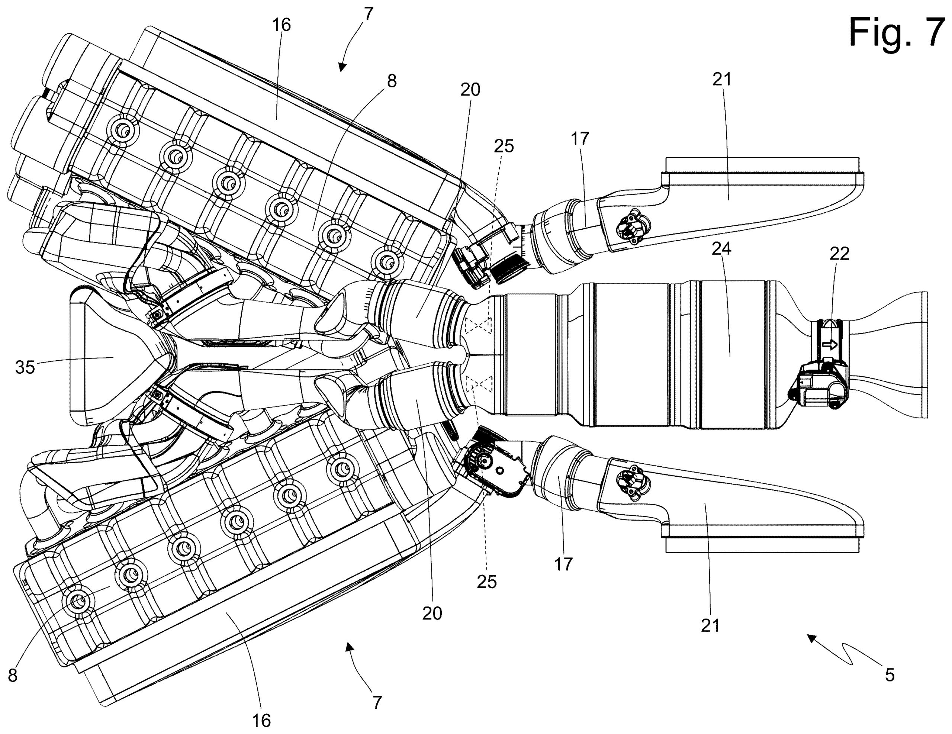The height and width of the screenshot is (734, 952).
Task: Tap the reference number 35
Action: tap(25, 367)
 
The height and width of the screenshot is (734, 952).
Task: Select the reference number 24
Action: tap(721, 249)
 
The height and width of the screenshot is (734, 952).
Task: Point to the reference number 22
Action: tap(839, 254)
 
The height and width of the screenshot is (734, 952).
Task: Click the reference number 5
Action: tap(890, 675)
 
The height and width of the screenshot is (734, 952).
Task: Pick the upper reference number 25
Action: tap(504, 147)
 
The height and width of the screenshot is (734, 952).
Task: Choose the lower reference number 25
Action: tap(486, 582)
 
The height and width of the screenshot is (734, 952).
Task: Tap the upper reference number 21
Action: tap(722, 79)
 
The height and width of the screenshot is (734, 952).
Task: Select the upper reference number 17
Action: tap(580, 139)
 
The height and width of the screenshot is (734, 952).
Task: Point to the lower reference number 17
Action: tap(563, 564)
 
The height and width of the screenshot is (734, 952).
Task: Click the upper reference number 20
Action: tap(470, 90)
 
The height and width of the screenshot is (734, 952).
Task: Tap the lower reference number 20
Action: tap(432, 614)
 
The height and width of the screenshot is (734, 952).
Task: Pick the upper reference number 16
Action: tap(281, 25)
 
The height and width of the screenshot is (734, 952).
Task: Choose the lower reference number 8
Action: tap(13, 676)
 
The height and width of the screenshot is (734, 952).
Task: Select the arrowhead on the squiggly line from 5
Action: tap(811, 638)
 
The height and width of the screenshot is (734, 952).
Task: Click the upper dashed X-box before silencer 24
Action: tap(478, 325)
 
